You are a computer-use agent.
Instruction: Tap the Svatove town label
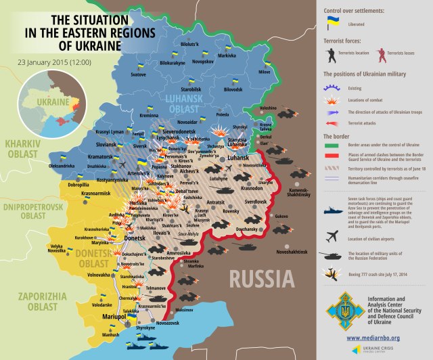coord(139,74)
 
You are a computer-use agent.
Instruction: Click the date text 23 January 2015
coord(51,63)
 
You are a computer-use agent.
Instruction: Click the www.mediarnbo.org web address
coord(373,337)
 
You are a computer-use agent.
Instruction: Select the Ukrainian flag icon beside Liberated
coord(333,23)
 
